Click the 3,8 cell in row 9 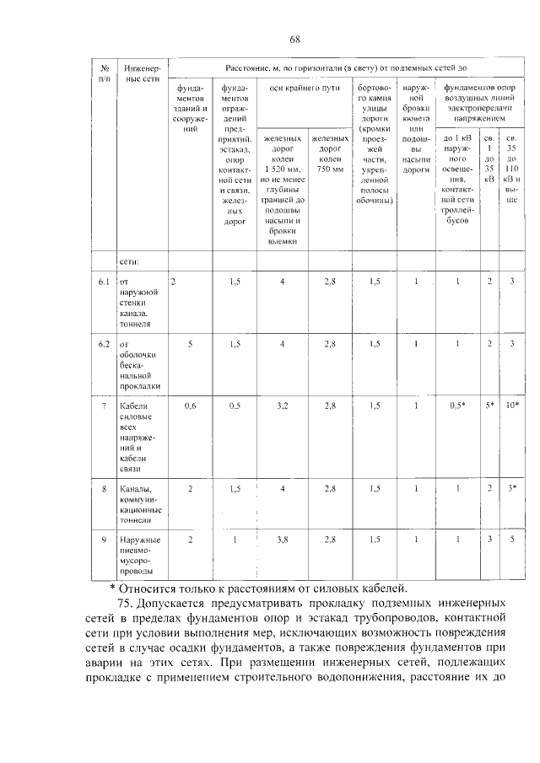pyautogui.click(x=283, y=540)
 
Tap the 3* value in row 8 pyautogui.click(x=511, y=488)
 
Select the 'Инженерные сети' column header pyautogui.click(x=139, y=72)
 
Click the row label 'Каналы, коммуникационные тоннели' pyautogui.click(x=139, y=504)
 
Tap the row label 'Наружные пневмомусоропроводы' pyautogui.click(x=139, y=556)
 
